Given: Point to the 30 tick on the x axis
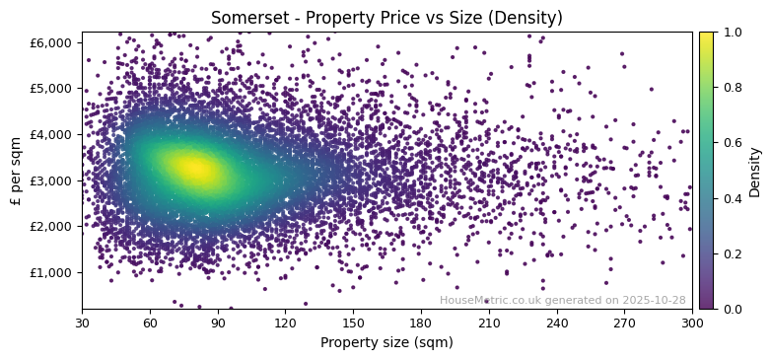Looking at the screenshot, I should pyautogui.click(x=82, y=323).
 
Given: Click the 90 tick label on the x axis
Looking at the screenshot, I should pyautogui.click(x=218, y=323).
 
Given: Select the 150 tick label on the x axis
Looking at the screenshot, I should pyautogui.click(x=353, y=323).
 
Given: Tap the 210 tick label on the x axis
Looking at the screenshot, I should pyautogui.click(x=489, y=323).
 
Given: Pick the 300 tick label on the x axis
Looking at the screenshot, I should pyautogui.click(x=692, y=323).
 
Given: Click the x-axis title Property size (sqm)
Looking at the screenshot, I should pyautogui.click(x=386, y=342).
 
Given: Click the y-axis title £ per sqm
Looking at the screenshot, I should pyautogui.click(x=17, y=170).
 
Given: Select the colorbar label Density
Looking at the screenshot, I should pyautogui.click(x=755, y=171).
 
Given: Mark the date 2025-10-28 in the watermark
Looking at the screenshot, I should pyautogui.click(x=656, y=300).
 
